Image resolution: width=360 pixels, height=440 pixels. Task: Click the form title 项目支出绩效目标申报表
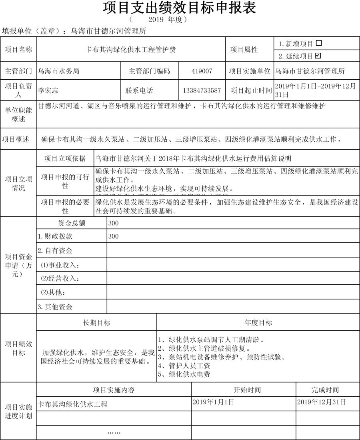[180, 8]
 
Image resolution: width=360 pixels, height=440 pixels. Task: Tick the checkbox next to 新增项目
[319, 43]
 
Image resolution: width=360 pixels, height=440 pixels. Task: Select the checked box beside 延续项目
[318, 56]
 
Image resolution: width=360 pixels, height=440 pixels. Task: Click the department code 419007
[202, 71]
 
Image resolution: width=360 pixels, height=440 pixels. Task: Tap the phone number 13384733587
[202, 90]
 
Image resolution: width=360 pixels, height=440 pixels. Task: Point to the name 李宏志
[48, 91]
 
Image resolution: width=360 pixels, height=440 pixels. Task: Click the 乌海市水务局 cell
[58, 71]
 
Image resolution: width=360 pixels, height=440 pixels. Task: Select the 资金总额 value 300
[113, 223]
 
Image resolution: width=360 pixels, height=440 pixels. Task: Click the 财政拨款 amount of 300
[113, 237]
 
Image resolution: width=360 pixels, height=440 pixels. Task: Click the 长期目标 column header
[96, 323]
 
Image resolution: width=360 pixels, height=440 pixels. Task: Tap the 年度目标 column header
[258, 323]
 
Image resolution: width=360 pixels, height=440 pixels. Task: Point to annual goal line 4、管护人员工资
[184, 366]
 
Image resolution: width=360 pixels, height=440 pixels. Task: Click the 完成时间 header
[325, 390]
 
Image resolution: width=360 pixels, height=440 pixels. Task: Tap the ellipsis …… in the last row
[114, 433]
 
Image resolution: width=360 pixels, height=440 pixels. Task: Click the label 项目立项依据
[65, 159]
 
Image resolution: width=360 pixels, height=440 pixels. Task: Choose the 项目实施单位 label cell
[250, 71]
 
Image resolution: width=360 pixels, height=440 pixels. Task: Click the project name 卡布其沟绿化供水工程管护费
[131, 50]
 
